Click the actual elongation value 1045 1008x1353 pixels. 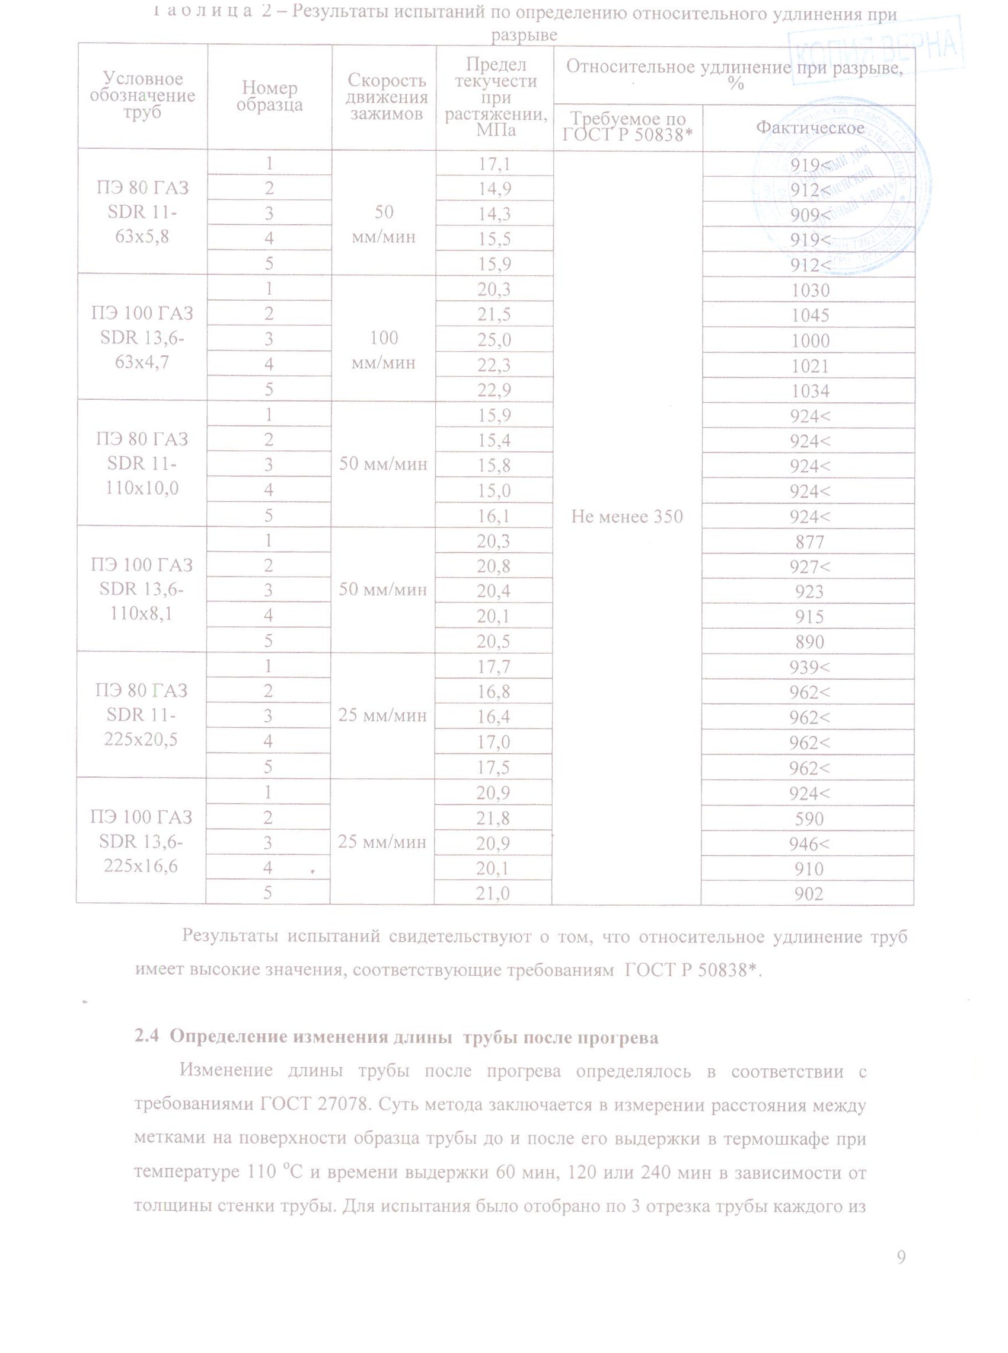point(810,315)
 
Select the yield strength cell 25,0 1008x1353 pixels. point(494,340)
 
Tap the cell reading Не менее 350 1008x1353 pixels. point(627,517)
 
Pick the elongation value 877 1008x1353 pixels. point(810,542)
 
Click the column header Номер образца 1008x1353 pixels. point(269,97)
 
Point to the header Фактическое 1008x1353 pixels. point(810,128)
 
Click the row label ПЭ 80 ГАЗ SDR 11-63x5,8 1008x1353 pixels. point(142,212)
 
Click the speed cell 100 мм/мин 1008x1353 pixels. point(384,351)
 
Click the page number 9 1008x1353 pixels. point(901,1256)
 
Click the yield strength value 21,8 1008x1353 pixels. point(493,819)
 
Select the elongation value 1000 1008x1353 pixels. point(810,340)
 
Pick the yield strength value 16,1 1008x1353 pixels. point(494,517)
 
